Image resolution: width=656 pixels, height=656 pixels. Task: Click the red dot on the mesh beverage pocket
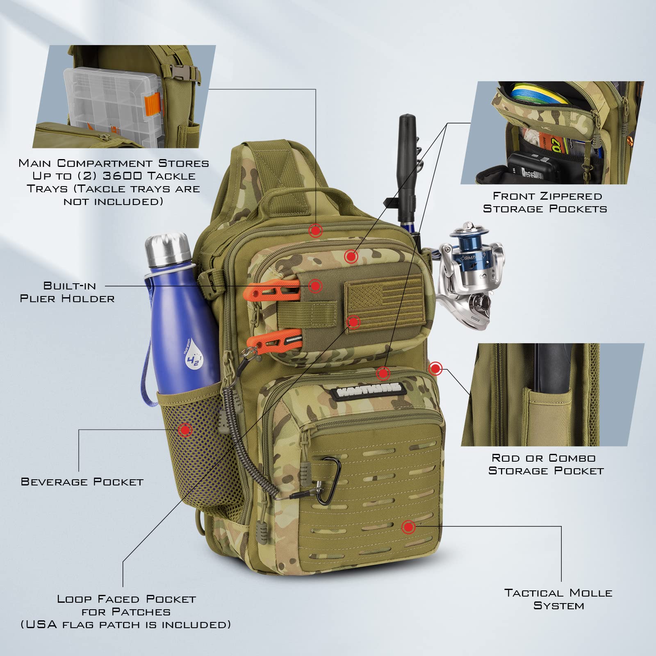tap(185, 430)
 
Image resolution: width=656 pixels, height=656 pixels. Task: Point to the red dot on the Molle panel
tap(408, 527)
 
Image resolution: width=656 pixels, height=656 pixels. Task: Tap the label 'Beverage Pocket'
tap(82, 481)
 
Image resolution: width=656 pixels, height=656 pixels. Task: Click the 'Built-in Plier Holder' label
tap(68, 292)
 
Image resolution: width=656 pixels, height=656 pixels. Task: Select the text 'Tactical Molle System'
tap(558, 599)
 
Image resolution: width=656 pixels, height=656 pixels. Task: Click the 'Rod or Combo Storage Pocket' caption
tap(546, 464)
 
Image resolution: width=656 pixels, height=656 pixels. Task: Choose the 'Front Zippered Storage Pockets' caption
tap(545, 202)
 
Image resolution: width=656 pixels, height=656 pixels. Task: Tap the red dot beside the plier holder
tap(315, 286)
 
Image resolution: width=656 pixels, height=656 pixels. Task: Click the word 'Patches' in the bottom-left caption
tap(141, 612)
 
